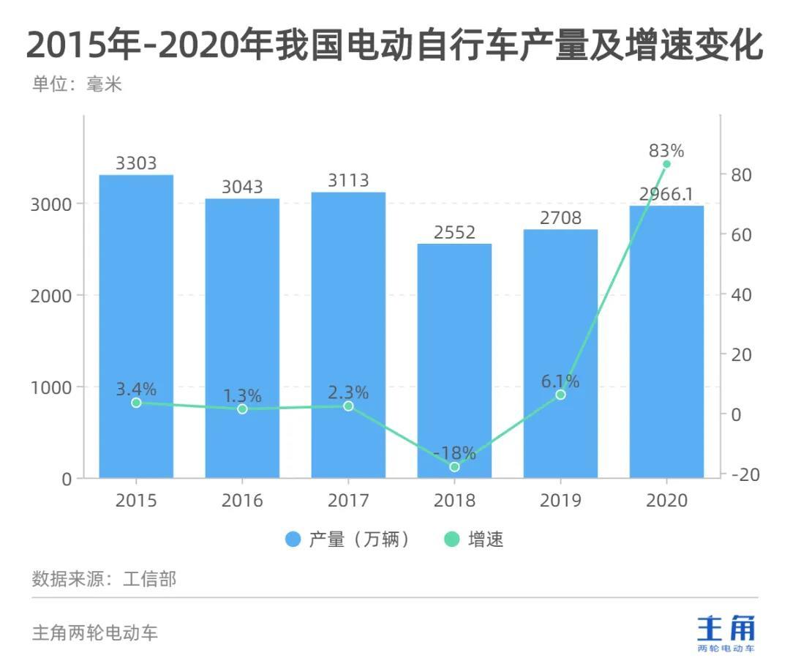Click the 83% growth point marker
(x=666, y=164)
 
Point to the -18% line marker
(x=454, y=466)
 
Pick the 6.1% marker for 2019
(x=560, y=395)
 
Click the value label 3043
(x=242, y=187)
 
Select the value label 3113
(x=348, y=180)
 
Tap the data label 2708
(x=560, y=217)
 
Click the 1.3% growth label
(x=242, y=395)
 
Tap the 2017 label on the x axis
(x=348, y=501)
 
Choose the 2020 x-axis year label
(x=666, y=501)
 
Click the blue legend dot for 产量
(x=293, y=540)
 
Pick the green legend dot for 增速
(x=452, y=540)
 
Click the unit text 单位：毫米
(x=77, y=84)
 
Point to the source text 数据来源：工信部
(x=104, y=579)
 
